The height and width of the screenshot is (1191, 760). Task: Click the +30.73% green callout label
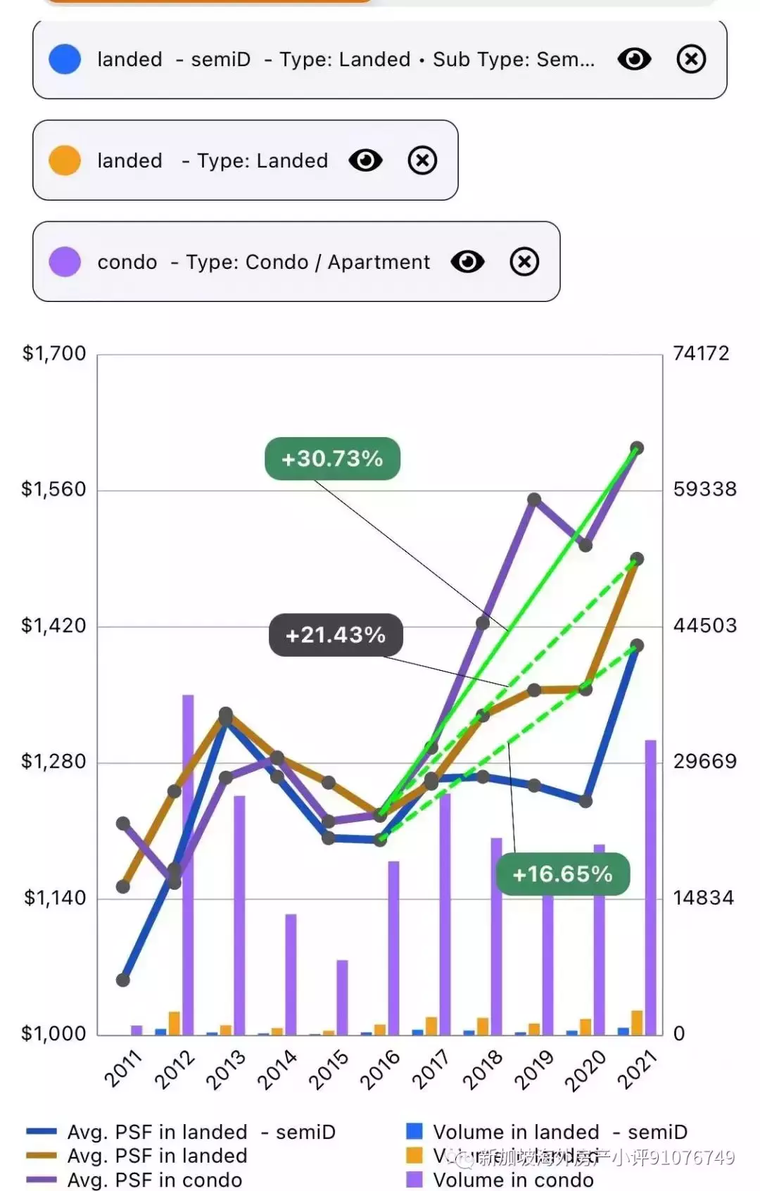[332, 459]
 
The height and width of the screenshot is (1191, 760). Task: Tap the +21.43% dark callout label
[336, 635]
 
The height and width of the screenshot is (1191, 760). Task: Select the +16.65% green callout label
[562, 874]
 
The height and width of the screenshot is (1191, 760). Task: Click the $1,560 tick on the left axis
[53, 489]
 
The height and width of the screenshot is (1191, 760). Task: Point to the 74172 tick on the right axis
[701, 353]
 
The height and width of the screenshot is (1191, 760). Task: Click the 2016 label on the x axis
[380, 1069]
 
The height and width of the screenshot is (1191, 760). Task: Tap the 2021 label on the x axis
[637, 1069]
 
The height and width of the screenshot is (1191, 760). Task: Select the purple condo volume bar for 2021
[650, 887]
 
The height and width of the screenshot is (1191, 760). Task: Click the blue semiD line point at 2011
[123, 980]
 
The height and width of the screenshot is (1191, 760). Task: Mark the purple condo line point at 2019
[534, 500]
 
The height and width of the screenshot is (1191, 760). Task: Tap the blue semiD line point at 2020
[585, 801]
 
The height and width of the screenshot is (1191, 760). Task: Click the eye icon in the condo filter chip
[467, 262]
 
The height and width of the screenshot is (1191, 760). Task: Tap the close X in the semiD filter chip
[691, 59]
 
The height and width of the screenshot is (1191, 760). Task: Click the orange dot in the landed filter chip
[65, 160]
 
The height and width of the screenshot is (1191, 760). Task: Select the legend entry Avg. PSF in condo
[154, 1180]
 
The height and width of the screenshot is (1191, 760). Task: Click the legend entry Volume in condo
[512, 1180]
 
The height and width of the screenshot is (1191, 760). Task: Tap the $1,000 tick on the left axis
[53, 1033]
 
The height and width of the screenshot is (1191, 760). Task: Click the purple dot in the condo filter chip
[65, 262]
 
